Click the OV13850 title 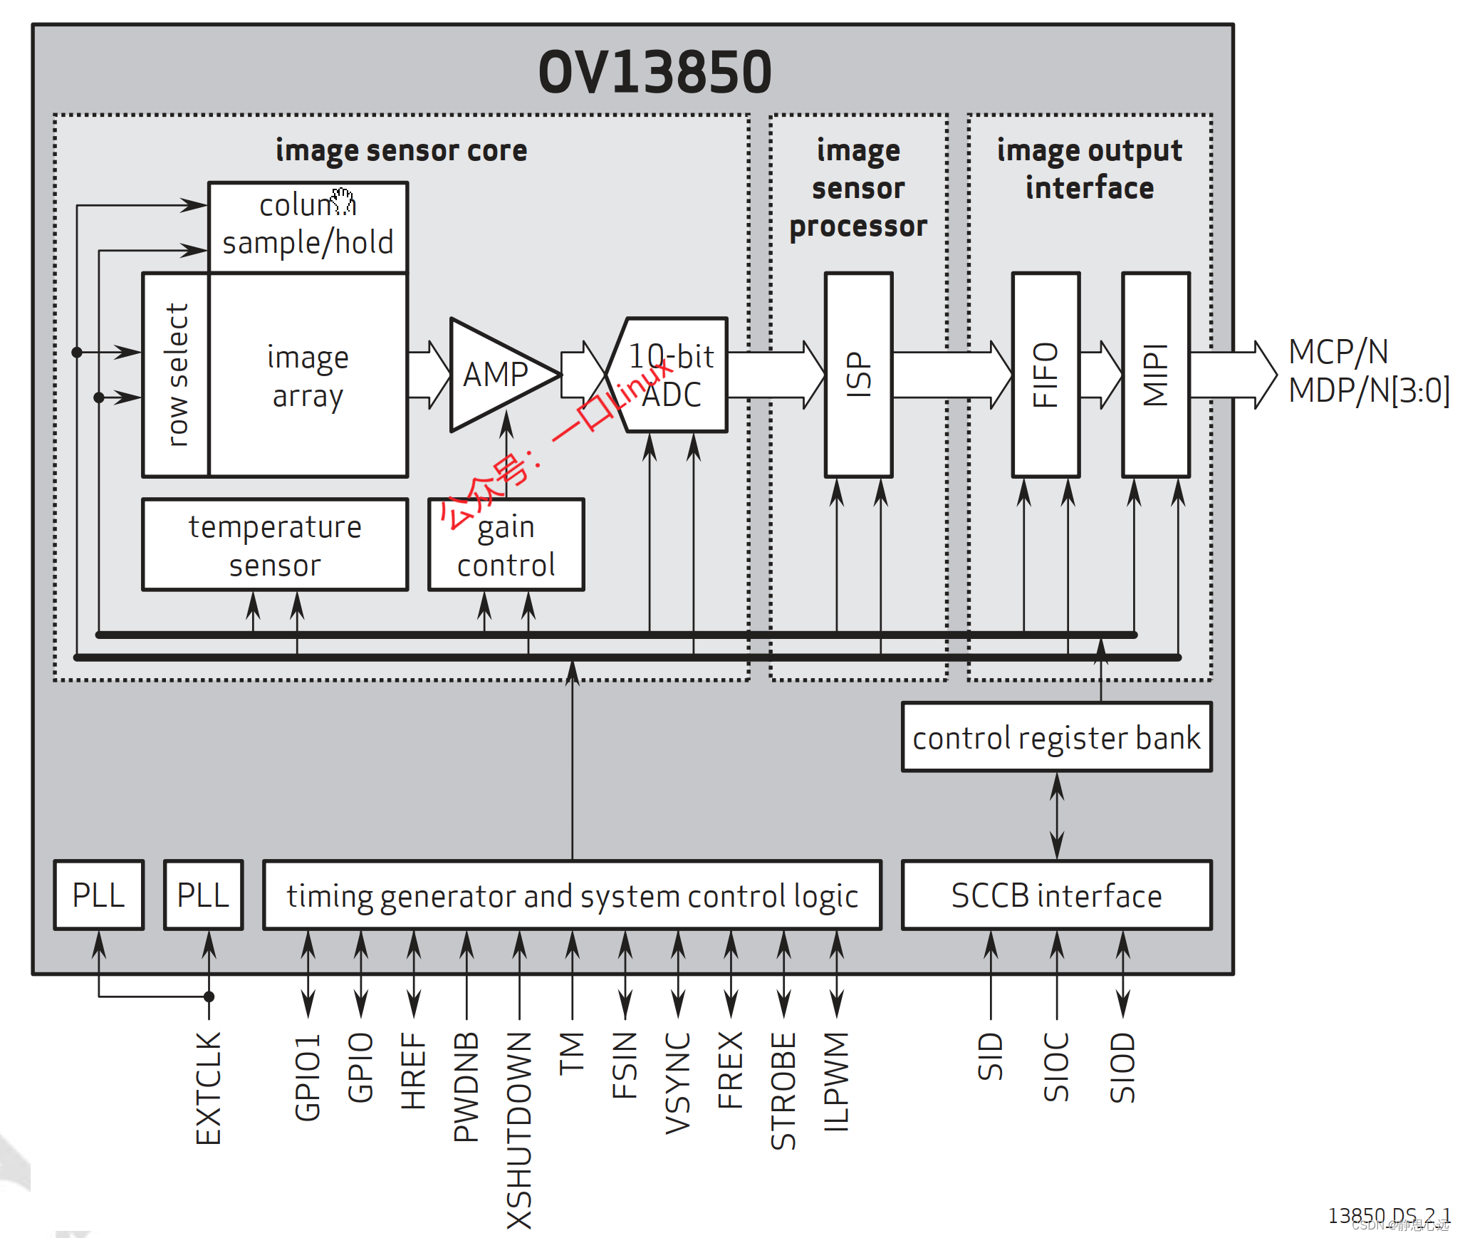[655, 72]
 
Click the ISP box [858, 375]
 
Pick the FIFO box [1046, 375]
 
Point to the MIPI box [1155, 375]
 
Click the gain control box [506, 545]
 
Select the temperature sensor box [275, 545]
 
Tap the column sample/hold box [308, 227]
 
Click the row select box [176, 375]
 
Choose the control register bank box [1056, 737]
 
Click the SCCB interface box [1056, 895]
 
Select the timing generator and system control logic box [572, 895]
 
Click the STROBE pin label [783, 1091]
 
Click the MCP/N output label [1338, 352]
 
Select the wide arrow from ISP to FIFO [951, 375]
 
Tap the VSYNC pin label [678, 1083]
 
